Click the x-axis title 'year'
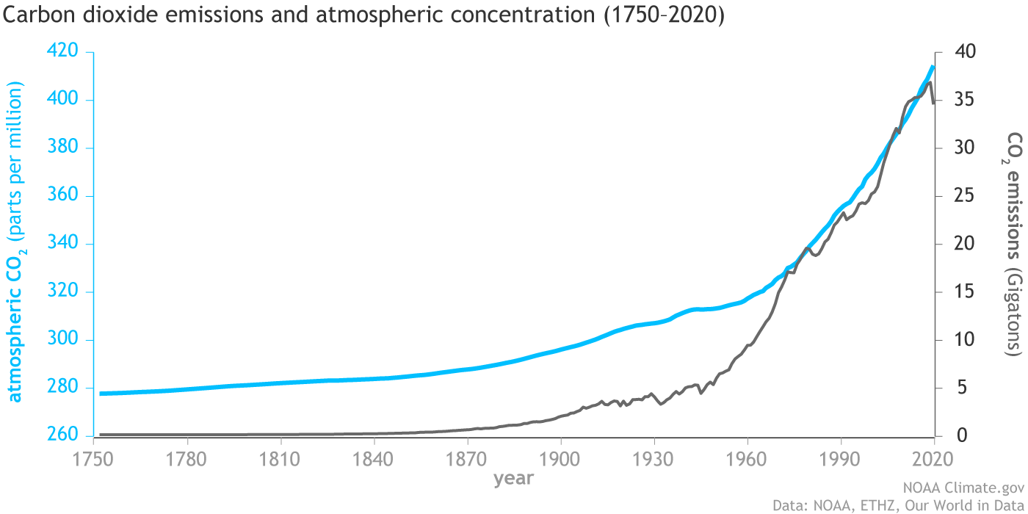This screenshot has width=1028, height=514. point(513,479)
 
